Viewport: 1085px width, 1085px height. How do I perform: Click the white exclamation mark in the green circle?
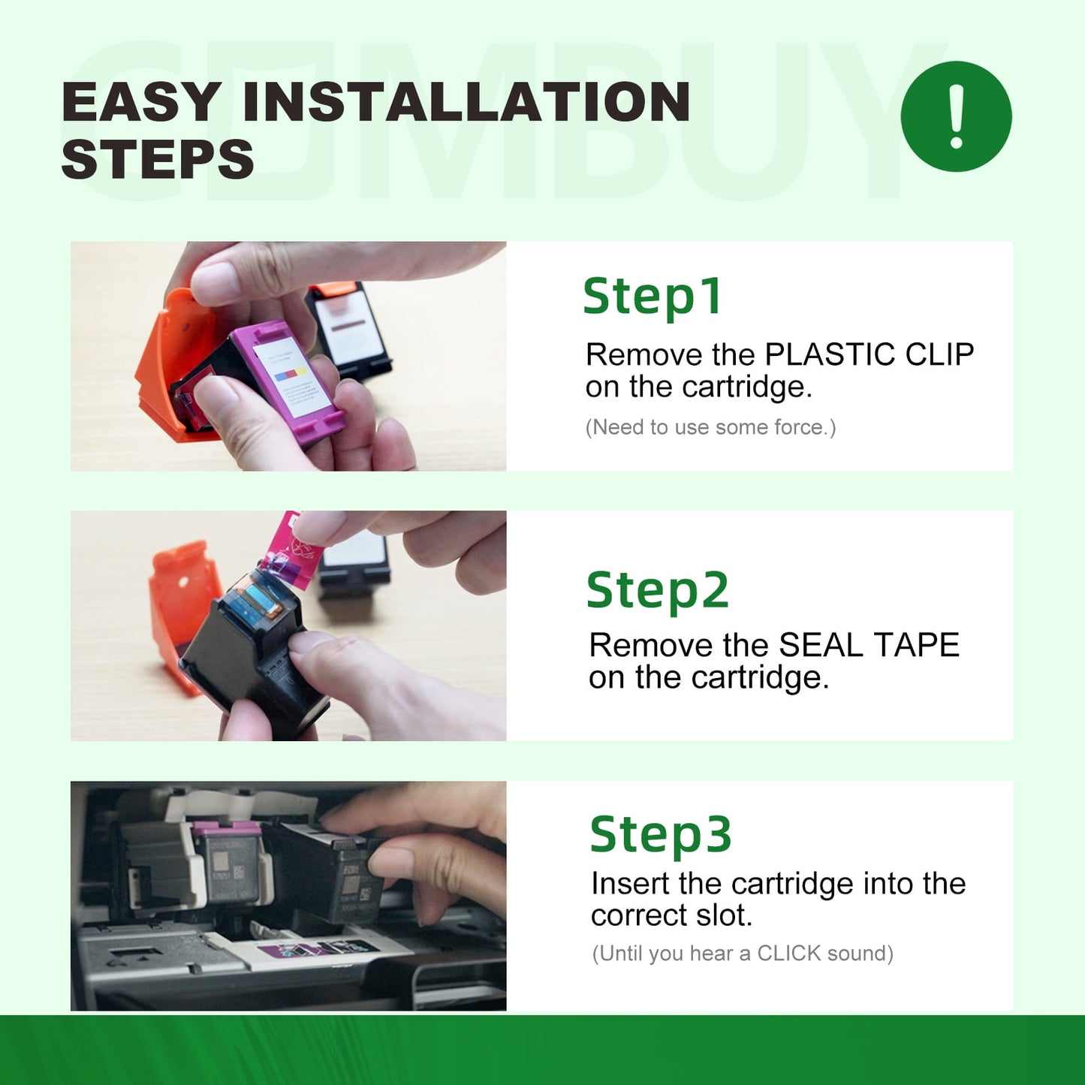(956, 116)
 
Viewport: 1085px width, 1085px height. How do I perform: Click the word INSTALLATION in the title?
(466, 102)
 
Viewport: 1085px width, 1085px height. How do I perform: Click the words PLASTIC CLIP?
(870, 354)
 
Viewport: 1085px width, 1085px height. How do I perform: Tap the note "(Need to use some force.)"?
(710, 427)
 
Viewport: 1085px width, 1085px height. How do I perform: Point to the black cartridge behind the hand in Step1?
(349, 332)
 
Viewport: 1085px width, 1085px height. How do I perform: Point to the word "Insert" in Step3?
(628, 884)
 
